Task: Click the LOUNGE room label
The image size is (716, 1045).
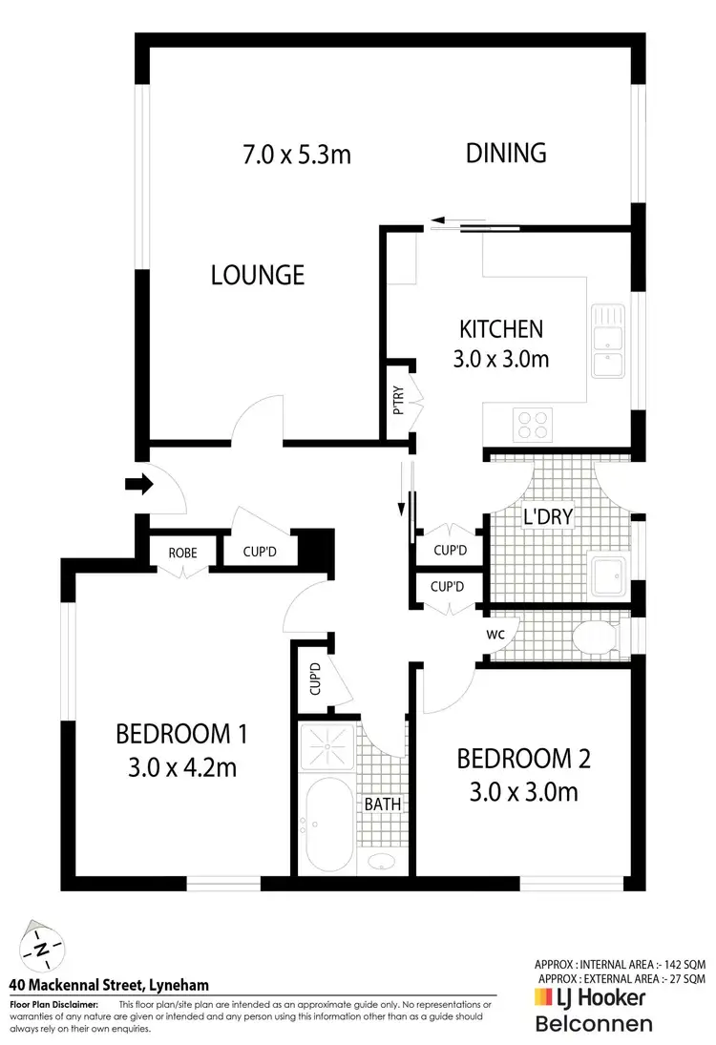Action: pos(258,275)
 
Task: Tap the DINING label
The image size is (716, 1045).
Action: pos(506,153)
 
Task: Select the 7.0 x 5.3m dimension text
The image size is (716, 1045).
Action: pos(296,153)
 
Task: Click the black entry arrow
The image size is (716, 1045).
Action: pos(138,485)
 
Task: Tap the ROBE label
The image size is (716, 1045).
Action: pos(182,551)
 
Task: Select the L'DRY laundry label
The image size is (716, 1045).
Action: pos(548,516)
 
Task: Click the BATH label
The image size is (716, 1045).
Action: pos(382,805)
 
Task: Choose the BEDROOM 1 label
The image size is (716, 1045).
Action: pos(181,734)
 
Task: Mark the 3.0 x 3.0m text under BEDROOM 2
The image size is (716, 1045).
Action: pos(523,791)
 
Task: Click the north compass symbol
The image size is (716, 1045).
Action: pos(44,949)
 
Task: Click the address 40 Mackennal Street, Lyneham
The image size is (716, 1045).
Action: pos(109,985)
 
